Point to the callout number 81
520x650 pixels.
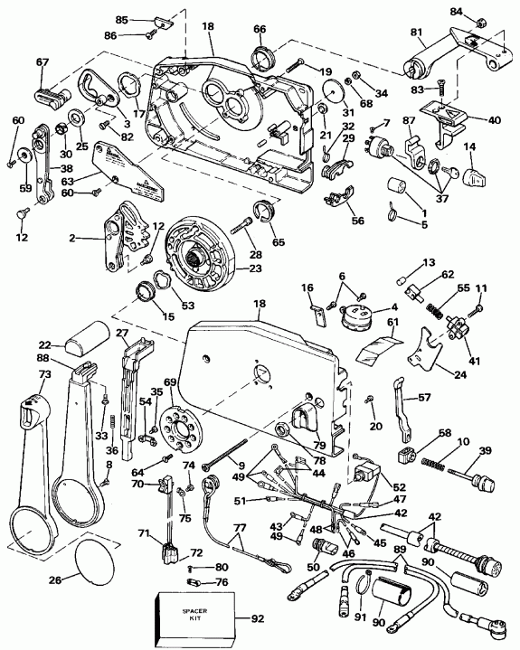(x=416, y=33)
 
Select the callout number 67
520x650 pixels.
(x=42, y=62)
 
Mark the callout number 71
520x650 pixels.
(x=143, y=534)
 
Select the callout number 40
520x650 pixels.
(x=495, y=118)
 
